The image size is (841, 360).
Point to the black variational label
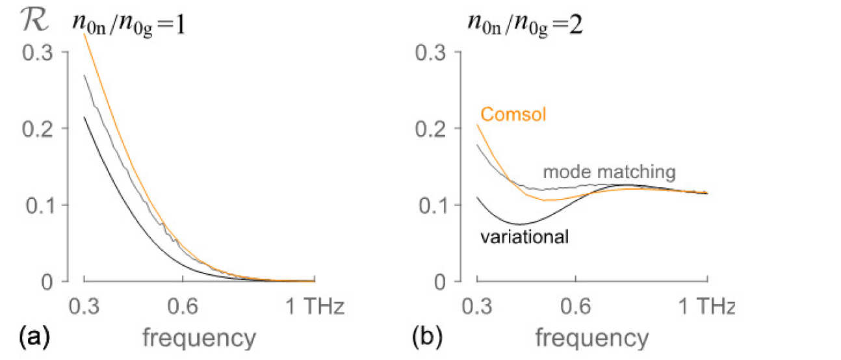tap(525, 236)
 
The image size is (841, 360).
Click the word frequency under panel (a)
tap(198, 338)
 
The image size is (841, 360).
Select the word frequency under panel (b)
tap(591, 338)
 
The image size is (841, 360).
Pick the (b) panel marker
tap(428, 337)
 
